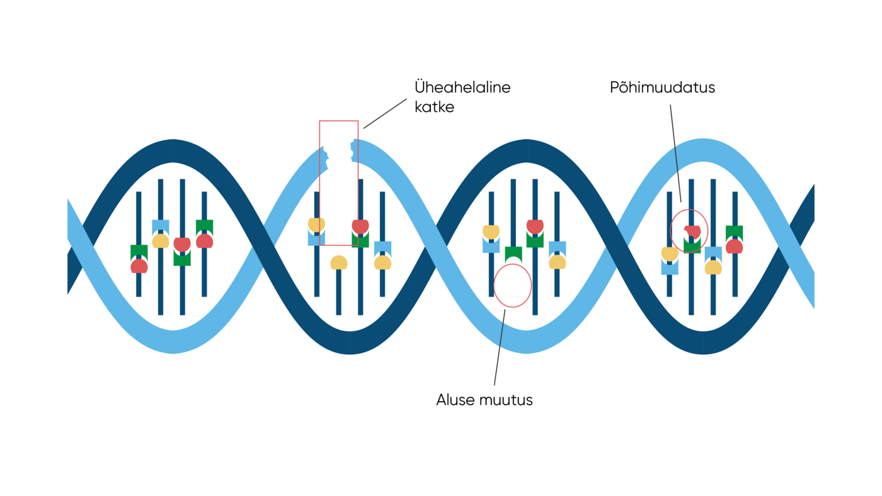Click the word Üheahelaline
(462, 87)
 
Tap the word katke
(434, 107)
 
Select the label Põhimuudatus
(662, 87)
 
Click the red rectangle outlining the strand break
(320, 189)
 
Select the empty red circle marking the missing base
(513, 285)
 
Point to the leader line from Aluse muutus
(500, 346)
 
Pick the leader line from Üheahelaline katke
(385, 113)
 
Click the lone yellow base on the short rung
(339, 262)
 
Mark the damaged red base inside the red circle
(692, 232)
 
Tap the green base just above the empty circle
(513, 254)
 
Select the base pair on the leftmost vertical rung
(139, 259)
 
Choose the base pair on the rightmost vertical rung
(735, 239)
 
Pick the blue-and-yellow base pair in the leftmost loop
(161, 234)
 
